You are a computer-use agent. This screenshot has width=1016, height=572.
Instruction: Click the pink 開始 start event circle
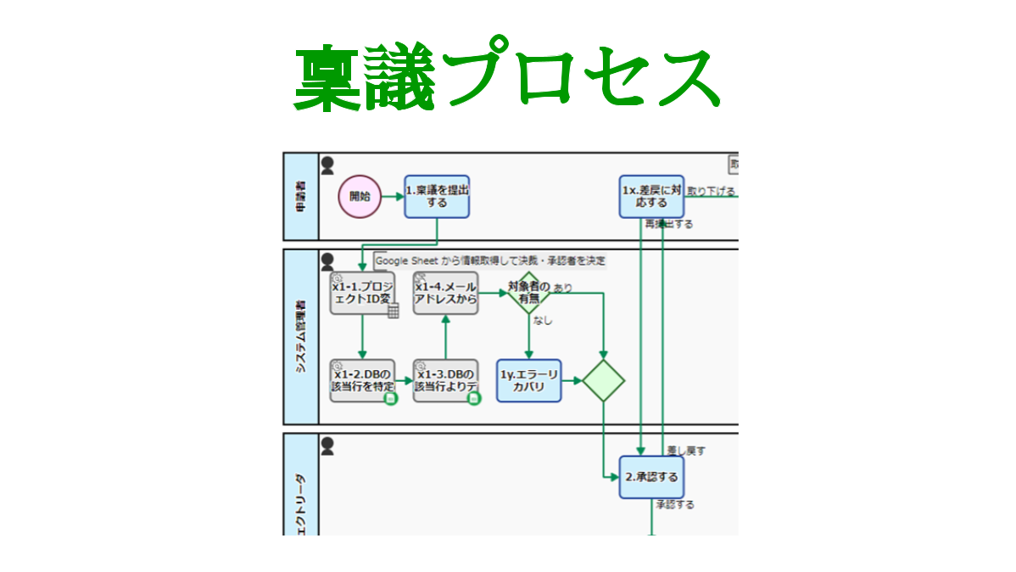(360, 196)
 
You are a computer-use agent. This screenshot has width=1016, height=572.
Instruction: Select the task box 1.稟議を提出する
(437, 197)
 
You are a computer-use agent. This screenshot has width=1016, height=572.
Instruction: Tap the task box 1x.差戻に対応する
(651, 197)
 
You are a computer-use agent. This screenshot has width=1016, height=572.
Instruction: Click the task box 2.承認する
(651, 477)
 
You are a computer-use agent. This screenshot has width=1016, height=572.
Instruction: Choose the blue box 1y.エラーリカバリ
(529, 380)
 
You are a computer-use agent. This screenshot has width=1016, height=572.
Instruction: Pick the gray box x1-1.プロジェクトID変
(363, 294)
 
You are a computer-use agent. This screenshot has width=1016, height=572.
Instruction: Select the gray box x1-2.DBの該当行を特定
(363, 380)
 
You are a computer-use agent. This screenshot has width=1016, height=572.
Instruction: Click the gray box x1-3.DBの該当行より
(445, 380)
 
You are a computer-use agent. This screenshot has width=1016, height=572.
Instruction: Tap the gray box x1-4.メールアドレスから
(445, 294)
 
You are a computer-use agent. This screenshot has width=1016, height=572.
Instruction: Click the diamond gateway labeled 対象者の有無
(529, 294)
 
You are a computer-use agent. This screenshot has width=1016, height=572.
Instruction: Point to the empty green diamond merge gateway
(603, 380)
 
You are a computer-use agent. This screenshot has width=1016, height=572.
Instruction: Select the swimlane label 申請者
(301, 197)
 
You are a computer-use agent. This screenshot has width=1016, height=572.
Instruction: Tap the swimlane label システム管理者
(301, 337)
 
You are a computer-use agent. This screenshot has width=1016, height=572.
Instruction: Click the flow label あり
(562, 288)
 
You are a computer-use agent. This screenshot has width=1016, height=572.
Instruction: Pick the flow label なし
(543, 321)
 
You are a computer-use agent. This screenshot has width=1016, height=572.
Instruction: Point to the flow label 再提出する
(668, 225)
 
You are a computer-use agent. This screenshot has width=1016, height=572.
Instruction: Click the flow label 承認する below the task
(674, 505)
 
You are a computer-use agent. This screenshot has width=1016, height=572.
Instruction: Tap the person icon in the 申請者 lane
(327, 165)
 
